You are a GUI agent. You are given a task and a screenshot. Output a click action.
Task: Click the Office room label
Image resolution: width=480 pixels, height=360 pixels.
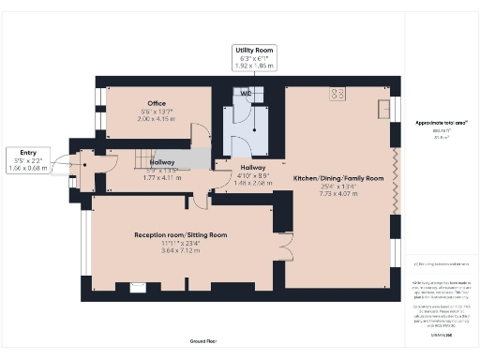(x=156, y=103)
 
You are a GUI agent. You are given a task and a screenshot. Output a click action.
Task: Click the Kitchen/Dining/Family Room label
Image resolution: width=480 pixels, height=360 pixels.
(x=338, y=177)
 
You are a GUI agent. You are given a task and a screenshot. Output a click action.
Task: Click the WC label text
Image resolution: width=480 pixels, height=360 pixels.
(x=245, y=94)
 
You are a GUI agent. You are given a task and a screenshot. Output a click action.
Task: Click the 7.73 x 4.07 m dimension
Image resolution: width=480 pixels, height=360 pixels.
(x=338, y=194)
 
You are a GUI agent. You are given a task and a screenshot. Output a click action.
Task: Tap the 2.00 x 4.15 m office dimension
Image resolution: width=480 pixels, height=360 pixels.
(x=156, y=119)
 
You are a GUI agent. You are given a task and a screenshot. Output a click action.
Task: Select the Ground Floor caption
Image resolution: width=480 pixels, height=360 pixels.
(x=203, y=341)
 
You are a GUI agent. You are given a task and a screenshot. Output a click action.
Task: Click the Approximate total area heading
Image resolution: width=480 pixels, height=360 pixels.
(x=441, y=123)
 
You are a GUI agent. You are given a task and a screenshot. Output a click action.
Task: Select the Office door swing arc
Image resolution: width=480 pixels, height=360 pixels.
(x=198, y=134)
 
